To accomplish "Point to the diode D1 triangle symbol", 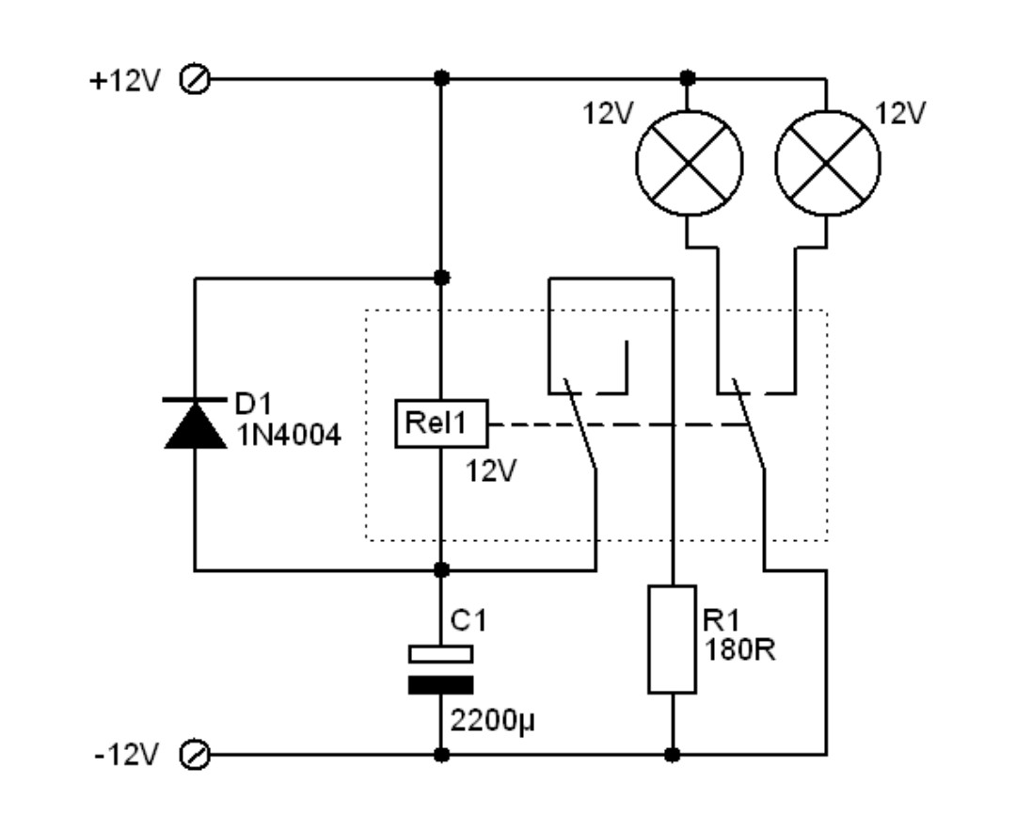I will point(195,426).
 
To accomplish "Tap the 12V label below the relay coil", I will point(491,471).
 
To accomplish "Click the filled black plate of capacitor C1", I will point(440,684).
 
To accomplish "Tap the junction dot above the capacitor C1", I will point(440,569).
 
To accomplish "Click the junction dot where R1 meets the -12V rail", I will point(672,755).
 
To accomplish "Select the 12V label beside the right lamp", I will point(900,113).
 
